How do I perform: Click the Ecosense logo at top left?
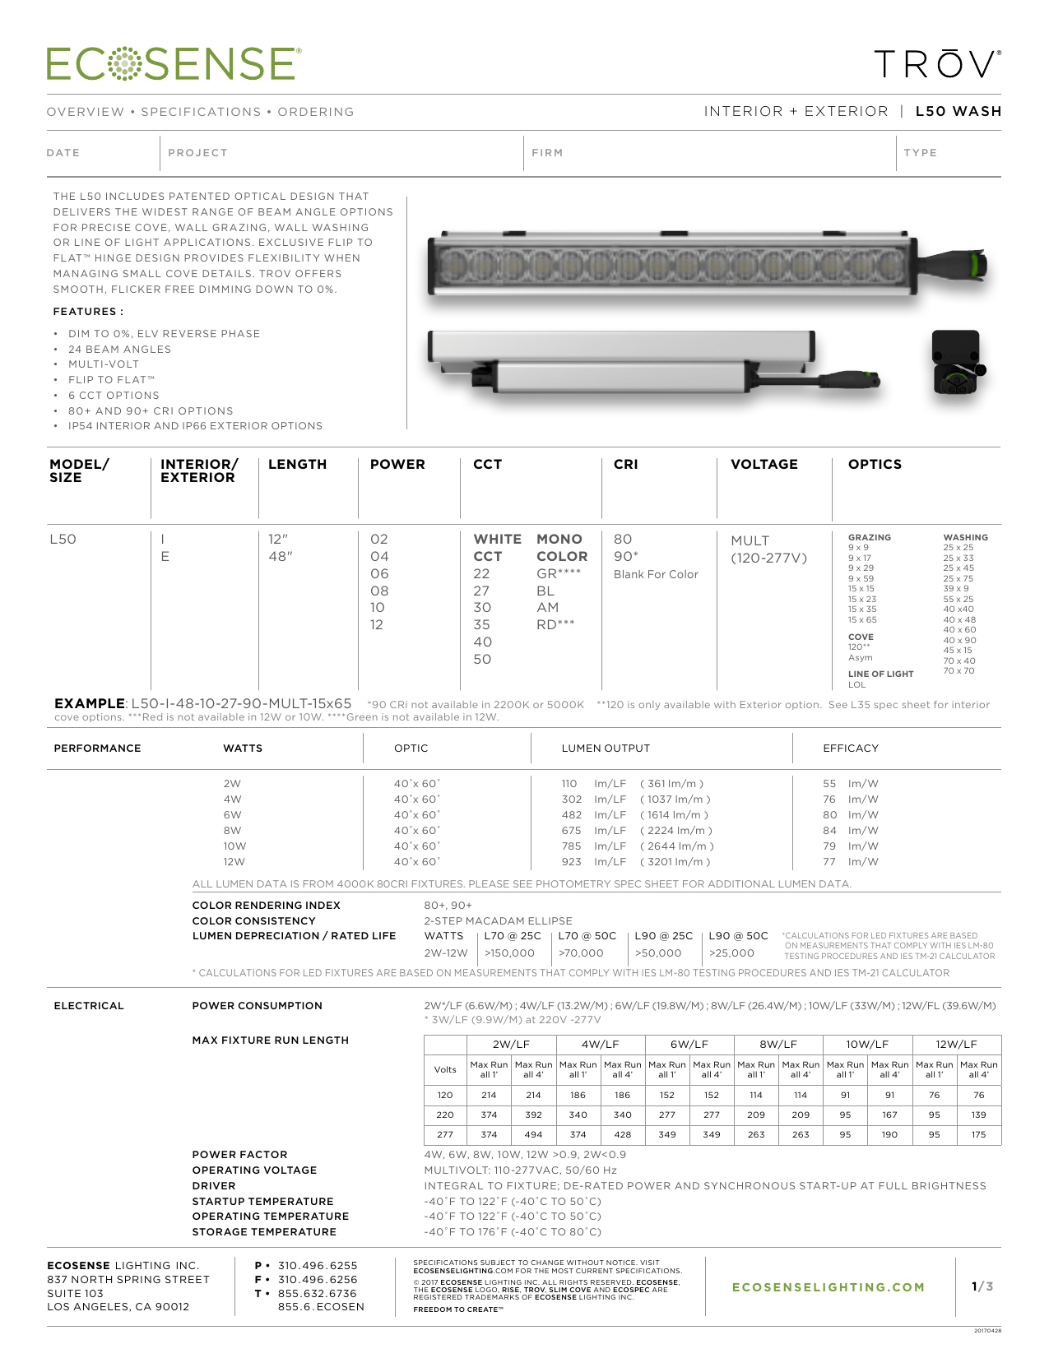[174, 64]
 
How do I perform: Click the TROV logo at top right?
[937, 64]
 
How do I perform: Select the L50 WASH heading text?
[958, 111]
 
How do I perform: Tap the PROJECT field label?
[197, 153]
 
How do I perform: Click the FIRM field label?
[547, 153]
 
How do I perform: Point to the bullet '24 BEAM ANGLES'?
[119, 349]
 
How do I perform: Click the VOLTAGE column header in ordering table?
[764, 464]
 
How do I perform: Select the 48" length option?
[280, 557]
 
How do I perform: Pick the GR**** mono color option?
[559, 574]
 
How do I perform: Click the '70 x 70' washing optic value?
[958, 671]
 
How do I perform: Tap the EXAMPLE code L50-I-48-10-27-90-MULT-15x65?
[241, 703]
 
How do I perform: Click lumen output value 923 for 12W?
[571, 862]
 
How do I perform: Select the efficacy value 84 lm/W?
[829, 831]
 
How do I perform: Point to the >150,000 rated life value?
[509, 953]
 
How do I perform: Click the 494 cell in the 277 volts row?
[533, 1134]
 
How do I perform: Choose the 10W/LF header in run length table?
[867, 1045]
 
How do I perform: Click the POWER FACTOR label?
[239, 1155]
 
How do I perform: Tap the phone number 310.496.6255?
[318, 1266]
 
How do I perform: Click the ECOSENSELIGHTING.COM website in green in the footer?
[828, 1287]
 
